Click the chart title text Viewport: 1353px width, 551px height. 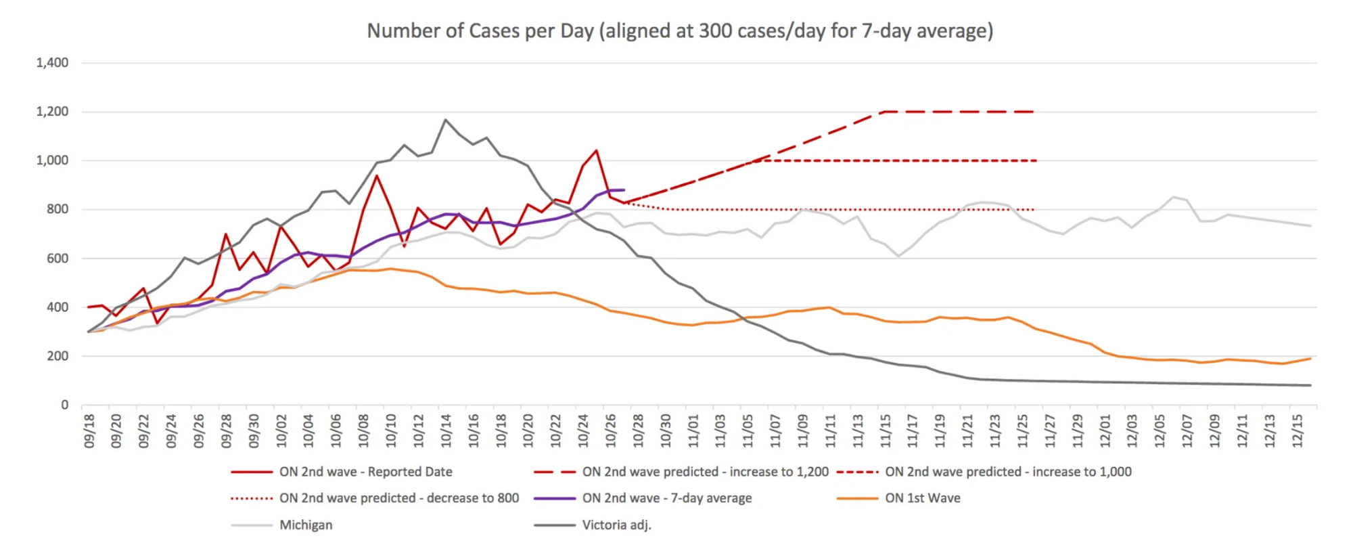click(680, 31)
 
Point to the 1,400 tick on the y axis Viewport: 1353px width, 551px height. click(52, 63)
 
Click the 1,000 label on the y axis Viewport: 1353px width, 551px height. click(52, 160)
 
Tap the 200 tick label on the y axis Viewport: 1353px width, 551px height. click(57, 356)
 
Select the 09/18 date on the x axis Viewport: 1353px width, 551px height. click(89, 431)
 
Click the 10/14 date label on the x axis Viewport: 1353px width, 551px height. click(446, 431)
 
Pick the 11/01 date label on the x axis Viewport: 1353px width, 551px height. click(693, 431)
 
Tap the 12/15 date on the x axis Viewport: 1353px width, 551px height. click(1297, 431)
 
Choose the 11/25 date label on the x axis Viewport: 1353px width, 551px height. click(1022, 431)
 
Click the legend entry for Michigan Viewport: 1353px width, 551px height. click(306, 525)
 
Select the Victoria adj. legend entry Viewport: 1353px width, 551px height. click(616, 525)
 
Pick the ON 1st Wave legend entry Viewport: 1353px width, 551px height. click(922, 498)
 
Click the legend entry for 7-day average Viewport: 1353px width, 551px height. click(666, 498)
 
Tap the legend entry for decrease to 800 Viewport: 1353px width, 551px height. click(398, 498)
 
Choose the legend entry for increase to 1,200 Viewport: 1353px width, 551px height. click(705, 472)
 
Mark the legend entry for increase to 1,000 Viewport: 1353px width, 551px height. click(1007, 472)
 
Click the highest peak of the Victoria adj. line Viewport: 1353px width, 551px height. click(445, 120)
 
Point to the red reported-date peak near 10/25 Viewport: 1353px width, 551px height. click(596, 150)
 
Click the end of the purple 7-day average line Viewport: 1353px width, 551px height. click(624, 190)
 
